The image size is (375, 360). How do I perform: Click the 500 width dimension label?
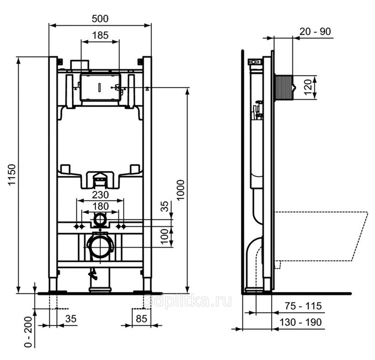point(100,19)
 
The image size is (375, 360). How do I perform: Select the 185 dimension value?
point(100,35)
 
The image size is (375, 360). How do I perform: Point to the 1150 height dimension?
point(12,175)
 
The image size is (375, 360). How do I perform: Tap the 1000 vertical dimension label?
point(181,190)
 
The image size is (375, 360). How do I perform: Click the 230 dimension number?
point(101,195)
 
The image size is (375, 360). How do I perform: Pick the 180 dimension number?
point(101,206)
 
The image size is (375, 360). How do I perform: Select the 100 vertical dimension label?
point(165,237)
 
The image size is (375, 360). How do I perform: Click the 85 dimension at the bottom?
point(141,319)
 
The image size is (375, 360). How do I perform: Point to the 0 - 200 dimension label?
point(28,332)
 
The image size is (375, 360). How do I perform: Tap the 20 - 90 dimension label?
point(315,31)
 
